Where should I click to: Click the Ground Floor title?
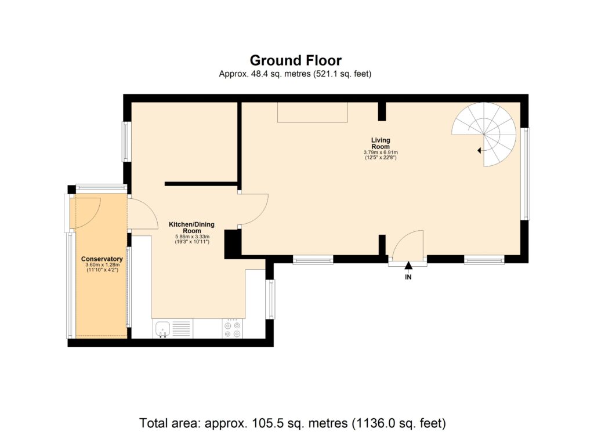(x=295, y=60)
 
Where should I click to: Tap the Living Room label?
(x=381, y=143)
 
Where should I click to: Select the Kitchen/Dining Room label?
(x=192, y=227)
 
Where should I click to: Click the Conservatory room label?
(x=102, y=259)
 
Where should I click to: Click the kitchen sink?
(x=162, y=329)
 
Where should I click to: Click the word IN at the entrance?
(x=408, y=277)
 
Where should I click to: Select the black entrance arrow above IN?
(x=408, y=266)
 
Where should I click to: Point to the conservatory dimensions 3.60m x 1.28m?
(x=102, y=268)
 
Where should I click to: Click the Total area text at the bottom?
(x=292, y=422)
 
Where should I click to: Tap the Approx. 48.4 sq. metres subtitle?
(x=295, y=74)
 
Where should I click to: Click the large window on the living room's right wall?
(x=526, y=174)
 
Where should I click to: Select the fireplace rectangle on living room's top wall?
(x=312, y=112)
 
